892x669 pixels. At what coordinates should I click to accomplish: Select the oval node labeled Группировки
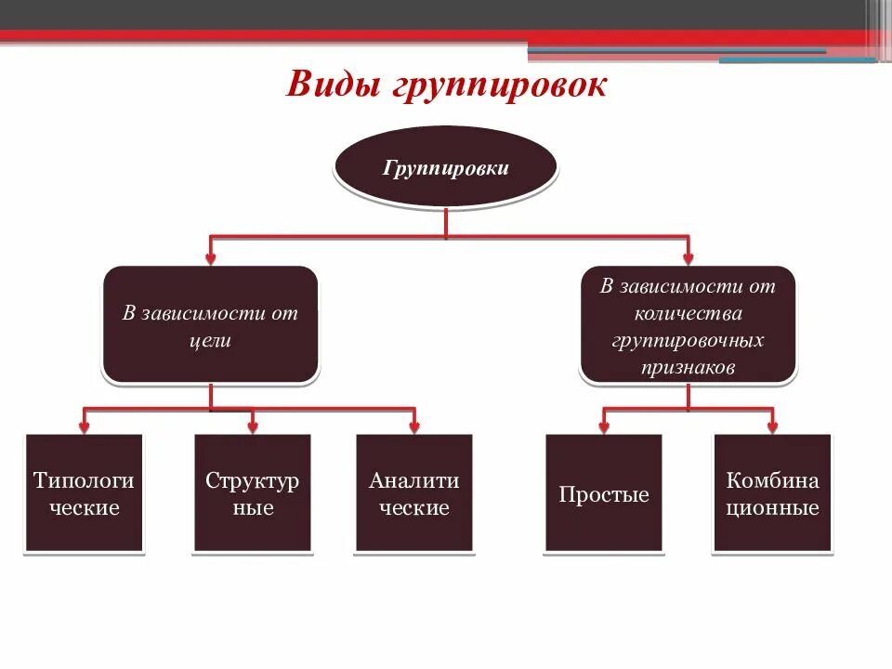pos(446,168)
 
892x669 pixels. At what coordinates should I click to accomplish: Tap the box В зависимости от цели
pos(210,325)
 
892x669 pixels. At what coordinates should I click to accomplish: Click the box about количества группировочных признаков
pos(688,325)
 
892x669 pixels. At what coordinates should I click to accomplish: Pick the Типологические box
pos(85,493)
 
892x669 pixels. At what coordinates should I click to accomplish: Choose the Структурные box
pos(253,493)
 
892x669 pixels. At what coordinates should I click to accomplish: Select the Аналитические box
pos(414,493)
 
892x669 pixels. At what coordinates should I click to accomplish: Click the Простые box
pos(604,493)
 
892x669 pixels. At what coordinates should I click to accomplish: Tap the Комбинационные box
pos(772,493)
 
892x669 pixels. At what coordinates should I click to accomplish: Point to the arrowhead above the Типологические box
pos(85,426)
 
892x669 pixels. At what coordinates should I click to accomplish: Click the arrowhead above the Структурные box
pos(253,426)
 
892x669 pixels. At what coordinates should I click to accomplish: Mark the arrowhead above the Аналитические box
pos(414,426)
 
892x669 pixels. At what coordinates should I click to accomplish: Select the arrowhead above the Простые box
pos(604,426)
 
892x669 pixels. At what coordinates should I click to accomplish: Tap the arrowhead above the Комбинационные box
pos(772,426)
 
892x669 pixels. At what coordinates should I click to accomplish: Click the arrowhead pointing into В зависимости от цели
pos(211,256)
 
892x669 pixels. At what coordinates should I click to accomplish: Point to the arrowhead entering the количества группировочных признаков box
pos(688,256)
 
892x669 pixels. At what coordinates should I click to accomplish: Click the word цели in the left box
pos(211,341)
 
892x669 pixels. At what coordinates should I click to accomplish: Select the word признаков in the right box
pos(688,368)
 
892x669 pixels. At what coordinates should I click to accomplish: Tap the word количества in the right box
pos(688,314)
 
